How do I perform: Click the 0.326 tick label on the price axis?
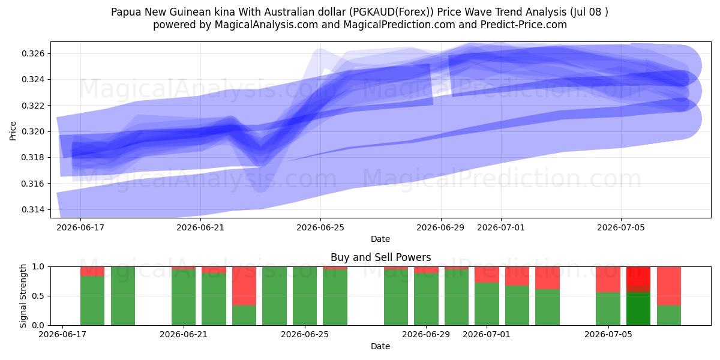(32, 53)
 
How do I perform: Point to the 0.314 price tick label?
(32, 209)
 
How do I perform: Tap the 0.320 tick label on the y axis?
(32, 131)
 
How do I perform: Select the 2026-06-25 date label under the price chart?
(320, 227)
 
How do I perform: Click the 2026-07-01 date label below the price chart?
(501, 227)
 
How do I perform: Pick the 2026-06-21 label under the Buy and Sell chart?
(184, 334)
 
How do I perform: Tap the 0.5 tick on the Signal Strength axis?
(38, 296)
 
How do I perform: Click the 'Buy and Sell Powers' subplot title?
(380, 257)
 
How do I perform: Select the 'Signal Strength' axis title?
(23, 296)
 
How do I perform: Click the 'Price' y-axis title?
(13, 131)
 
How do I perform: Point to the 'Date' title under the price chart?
(380, 239)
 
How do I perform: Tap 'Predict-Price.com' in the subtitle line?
(524, 25)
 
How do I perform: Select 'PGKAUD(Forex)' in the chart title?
(391, 12)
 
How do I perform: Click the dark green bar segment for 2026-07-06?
(638, 309)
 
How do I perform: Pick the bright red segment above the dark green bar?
(638, 276)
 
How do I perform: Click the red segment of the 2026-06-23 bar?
(244, 286)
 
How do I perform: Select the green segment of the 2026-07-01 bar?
(487, 304)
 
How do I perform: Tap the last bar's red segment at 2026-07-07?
(668, 286)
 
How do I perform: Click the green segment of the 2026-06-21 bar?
(184, 298)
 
